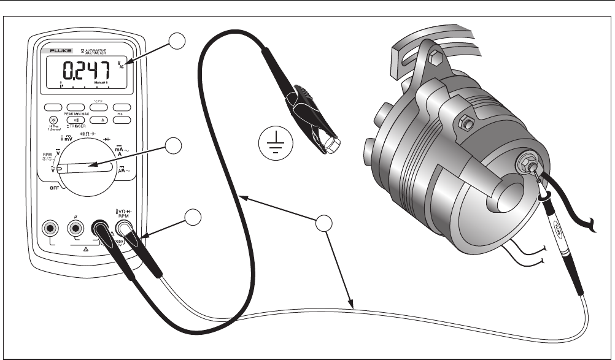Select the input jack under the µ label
[x=75, y=229]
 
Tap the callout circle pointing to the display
[x=177, y=40]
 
